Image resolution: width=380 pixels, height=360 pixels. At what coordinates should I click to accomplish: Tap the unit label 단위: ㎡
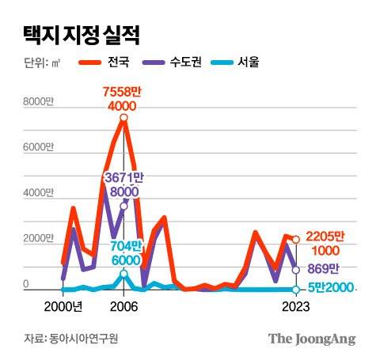tap(42, 61)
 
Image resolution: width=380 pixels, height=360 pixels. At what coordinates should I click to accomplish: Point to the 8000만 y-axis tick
tap(38, 102)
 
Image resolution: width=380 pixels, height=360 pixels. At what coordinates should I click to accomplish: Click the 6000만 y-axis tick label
tap(38, 148)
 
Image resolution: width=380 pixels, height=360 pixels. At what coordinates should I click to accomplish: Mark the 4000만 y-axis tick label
tap(38, 193)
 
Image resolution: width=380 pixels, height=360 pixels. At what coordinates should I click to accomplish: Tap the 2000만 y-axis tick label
tap(38, 239)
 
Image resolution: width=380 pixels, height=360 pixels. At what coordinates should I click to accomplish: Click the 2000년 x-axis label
tap(63, 307)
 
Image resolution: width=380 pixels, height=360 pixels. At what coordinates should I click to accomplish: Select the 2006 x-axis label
tap(123, 307)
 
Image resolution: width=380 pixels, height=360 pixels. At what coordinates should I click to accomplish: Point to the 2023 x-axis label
tap(295, 307)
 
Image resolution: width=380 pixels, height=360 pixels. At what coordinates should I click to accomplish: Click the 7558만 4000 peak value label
tap(123, 99)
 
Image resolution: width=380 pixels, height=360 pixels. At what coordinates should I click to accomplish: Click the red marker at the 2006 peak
tap(123, 118)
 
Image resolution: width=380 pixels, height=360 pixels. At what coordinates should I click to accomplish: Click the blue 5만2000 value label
tap(328, 290)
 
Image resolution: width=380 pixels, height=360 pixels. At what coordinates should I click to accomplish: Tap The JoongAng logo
tap(311, 339)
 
